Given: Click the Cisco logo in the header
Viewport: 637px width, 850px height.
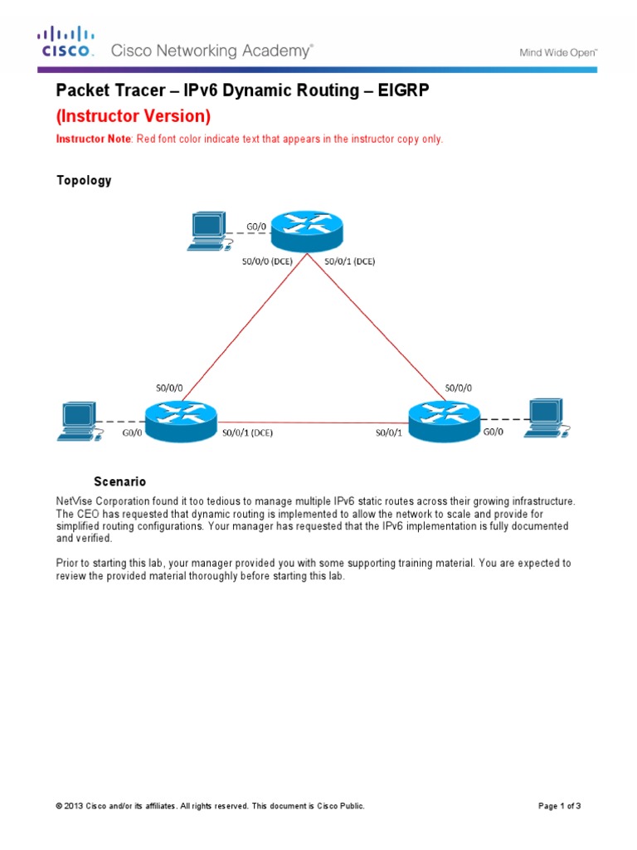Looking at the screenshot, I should coord(66,42).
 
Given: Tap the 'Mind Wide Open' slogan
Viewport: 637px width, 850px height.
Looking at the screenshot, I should coord(558,51).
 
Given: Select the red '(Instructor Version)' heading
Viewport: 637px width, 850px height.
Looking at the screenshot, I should coord(133,115).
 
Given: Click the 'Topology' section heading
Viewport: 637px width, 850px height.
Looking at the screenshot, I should coord(83,180).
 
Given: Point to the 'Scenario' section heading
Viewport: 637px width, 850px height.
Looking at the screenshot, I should coord(119,481).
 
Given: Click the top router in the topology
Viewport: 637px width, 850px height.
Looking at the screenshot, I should coord(307,232).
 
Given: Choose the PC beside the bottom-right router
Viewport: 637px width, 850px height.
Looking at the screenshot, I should coord(547,418).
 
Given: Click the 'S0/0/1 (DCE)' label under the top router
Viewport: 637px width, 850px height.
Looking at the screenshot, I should coord(349,261).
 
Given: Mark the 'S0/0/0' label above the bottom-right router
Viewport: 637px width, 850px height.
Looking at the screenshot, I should coord(461,388).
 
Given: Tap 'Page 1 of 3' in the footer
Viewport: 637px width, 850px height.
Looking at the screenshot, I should coord(560,806).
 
